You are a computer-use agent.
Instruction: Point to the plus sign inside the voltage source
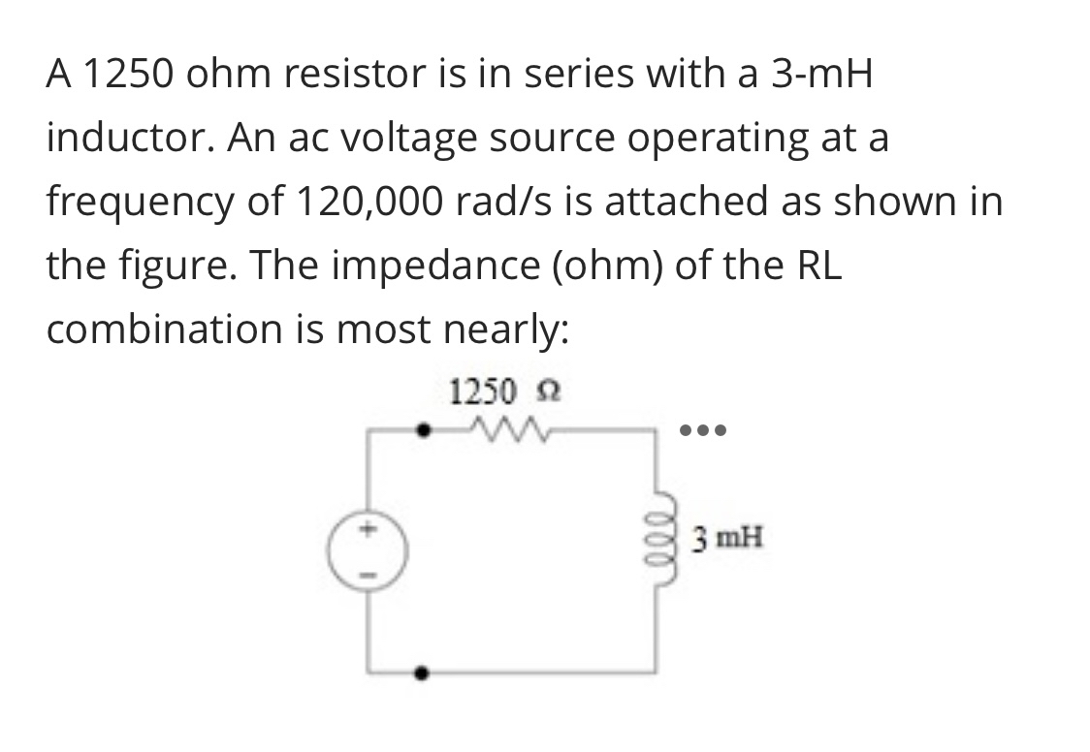(x=368, y=530)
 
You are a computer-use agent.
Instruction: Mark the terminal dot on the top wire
(x=421, y=427)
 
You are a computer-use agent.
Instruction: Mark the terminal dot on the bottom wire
(x=421, y=671)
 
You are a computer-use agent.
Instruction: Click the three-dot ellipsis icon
(x=704, y=427)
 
